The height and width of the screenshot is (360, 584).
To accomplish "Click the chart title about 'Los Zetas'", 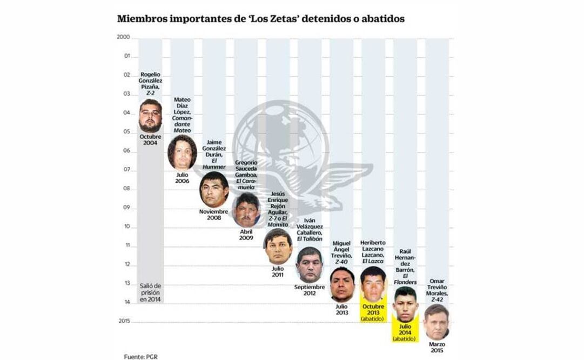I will coord(261,19).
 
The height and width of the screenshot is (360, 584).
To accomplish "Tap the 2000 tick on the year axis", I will coord(123,37).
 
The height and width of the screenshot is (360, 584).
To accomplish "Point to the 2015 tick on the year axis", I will coord(123,321).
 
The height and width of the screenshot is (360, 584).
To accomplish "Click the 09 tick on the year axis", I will coord(127,208).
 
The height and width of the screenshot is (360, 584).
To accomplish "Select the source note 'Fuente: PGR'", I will coord(140,356).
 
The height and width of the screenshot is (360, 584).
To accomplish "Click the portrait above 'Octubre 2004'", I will coord(150,116).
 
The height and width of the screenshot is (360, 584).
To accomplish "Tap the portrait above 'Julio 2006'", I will coord(182,153).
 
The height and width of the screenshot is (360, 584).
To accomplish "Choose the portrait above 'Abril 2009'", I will coord(246,210).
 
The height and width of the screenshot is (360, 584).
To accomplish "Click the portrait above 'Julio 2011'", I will coord(278,246).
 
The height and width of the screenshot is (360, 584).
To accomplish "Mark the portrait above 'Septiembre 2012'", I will coord(310,265).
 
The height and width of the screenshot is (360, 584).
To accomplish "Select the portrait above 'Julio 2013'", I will coord(342,284).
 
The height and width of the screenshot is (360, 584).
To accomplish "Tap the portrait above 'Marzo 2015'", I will coord(437,321).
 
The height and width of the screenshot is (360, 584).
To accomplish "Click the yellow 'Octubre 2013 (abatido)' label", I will coord(374,312).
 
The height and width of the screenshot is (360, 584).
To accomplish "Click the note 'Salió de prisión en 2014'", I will coord(150,292).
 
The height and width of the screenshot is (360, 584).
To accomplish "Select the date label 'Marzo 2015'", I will coord(437,347).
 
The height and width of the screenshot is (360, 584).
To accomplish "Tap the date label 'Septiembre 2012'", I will coord(310,291).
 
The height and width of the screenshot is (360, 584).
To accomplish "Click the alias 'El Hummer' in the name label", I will coord(214,163).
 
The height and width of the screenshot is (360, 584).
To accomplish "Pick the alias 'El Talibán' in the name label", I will coord(310,238).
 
